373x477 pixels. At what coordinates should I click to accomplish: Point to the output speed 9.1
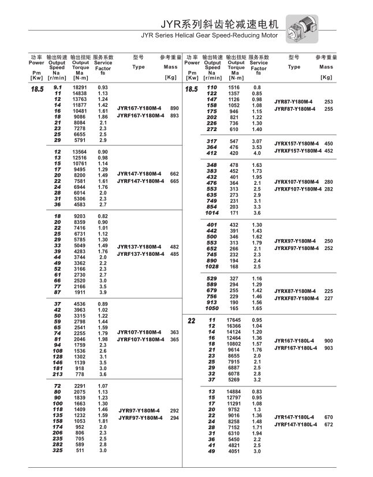coord(57,87)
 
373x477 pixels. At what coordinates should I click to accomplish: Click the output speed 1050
coord(211,309)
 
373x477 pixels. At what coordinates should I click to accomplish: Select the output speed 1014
coord(211,213)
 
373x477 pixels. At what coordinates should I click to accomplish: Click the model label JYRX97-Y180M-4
coord(296,241)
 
